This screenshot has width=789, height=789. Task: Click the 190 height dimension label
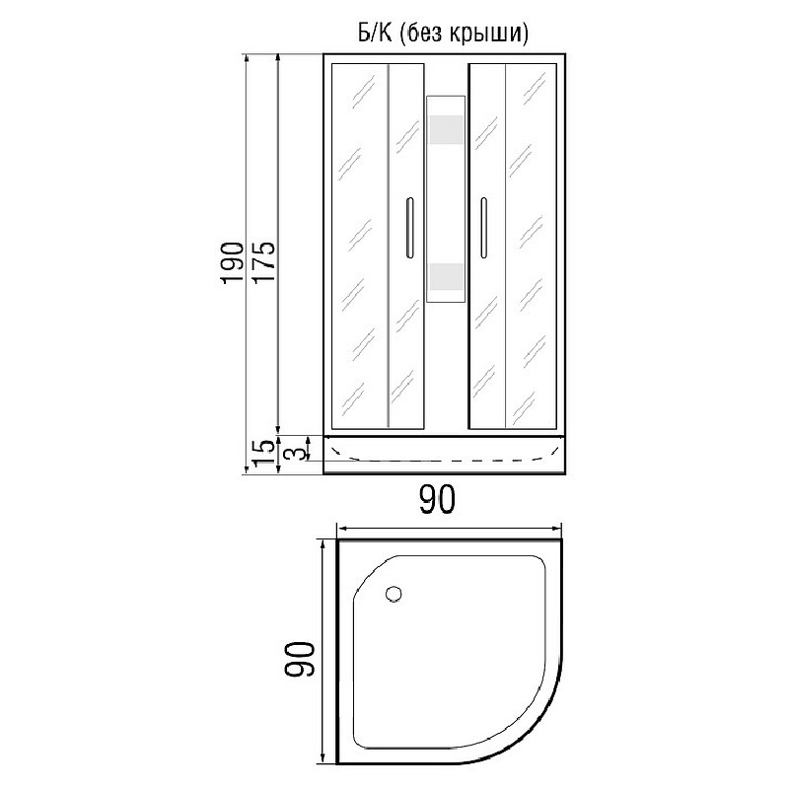[232, 262]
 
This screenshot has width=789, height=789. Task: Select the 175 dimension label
[263, 261]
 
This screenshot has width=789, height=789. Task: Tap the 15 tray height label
[264, 453]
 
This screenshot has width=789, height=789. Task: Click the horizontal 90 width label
[437, 499]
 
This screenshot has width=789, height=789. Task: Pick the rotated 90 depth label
[300, 659]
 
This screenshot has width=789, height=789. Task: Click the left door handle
[409, 228]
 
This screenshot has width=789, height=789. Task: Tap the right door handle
[483, 228]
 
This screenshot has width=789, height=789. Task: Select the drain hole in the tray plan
[394, 595]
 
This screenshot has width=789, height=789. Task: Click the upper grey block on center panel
[446, 130]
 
